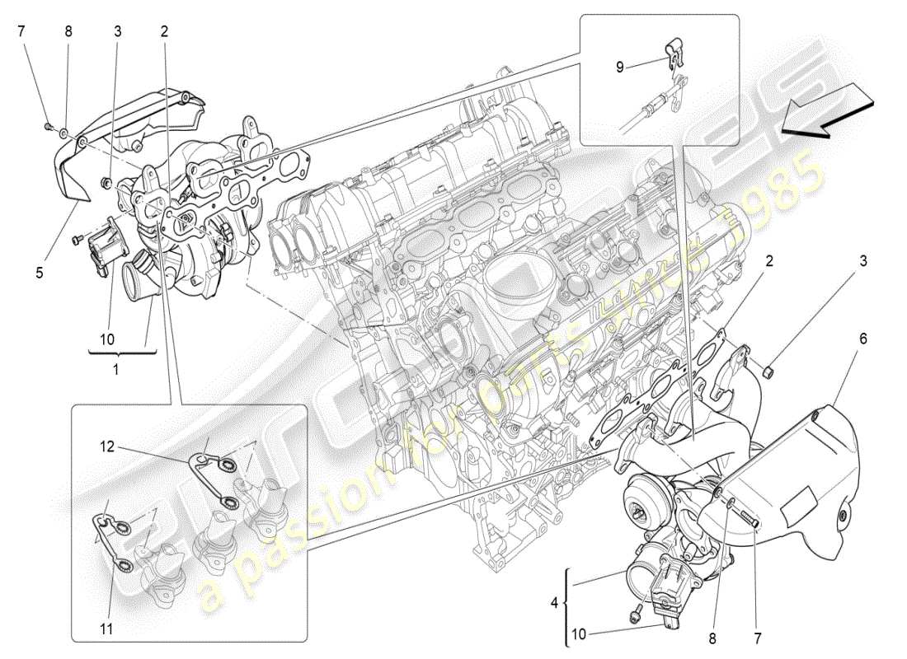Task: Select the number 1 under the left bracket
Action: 115,370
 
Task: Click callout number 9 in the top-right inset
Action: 620,67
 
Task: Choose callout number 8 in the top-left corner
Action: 68,32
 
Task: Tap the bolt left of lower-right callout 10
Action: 636,613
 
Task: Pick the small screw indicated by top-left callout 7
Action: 48,126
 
